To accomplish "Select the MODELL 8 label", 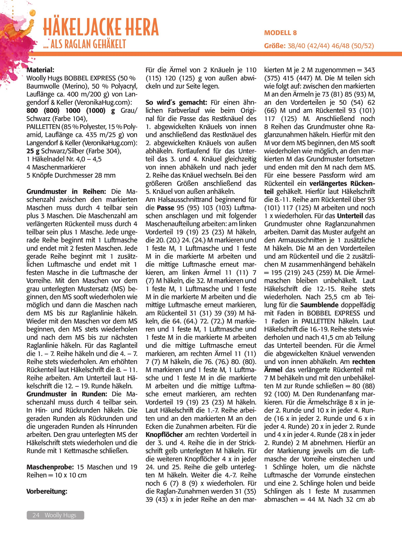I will (x=280, y=33).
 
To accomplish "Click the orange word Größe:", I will (x=275, y=46).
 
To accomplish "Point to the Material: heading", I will (x=40, y=70).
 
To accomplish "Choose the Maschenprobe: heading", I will (x=50, y=467).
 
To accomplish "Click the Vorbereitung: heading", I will (x=47, y=491).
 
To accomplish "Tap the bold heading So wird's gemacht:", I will (x=176, y=102).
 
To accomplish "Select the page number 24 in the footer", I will (x=36, y=515).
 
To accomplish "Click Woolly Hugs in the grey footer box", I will (x=60, y=515).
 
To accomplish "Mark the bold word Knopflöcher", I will (x=164, y=435).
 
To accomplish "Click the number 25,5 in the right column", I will (x=331, y=297).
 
